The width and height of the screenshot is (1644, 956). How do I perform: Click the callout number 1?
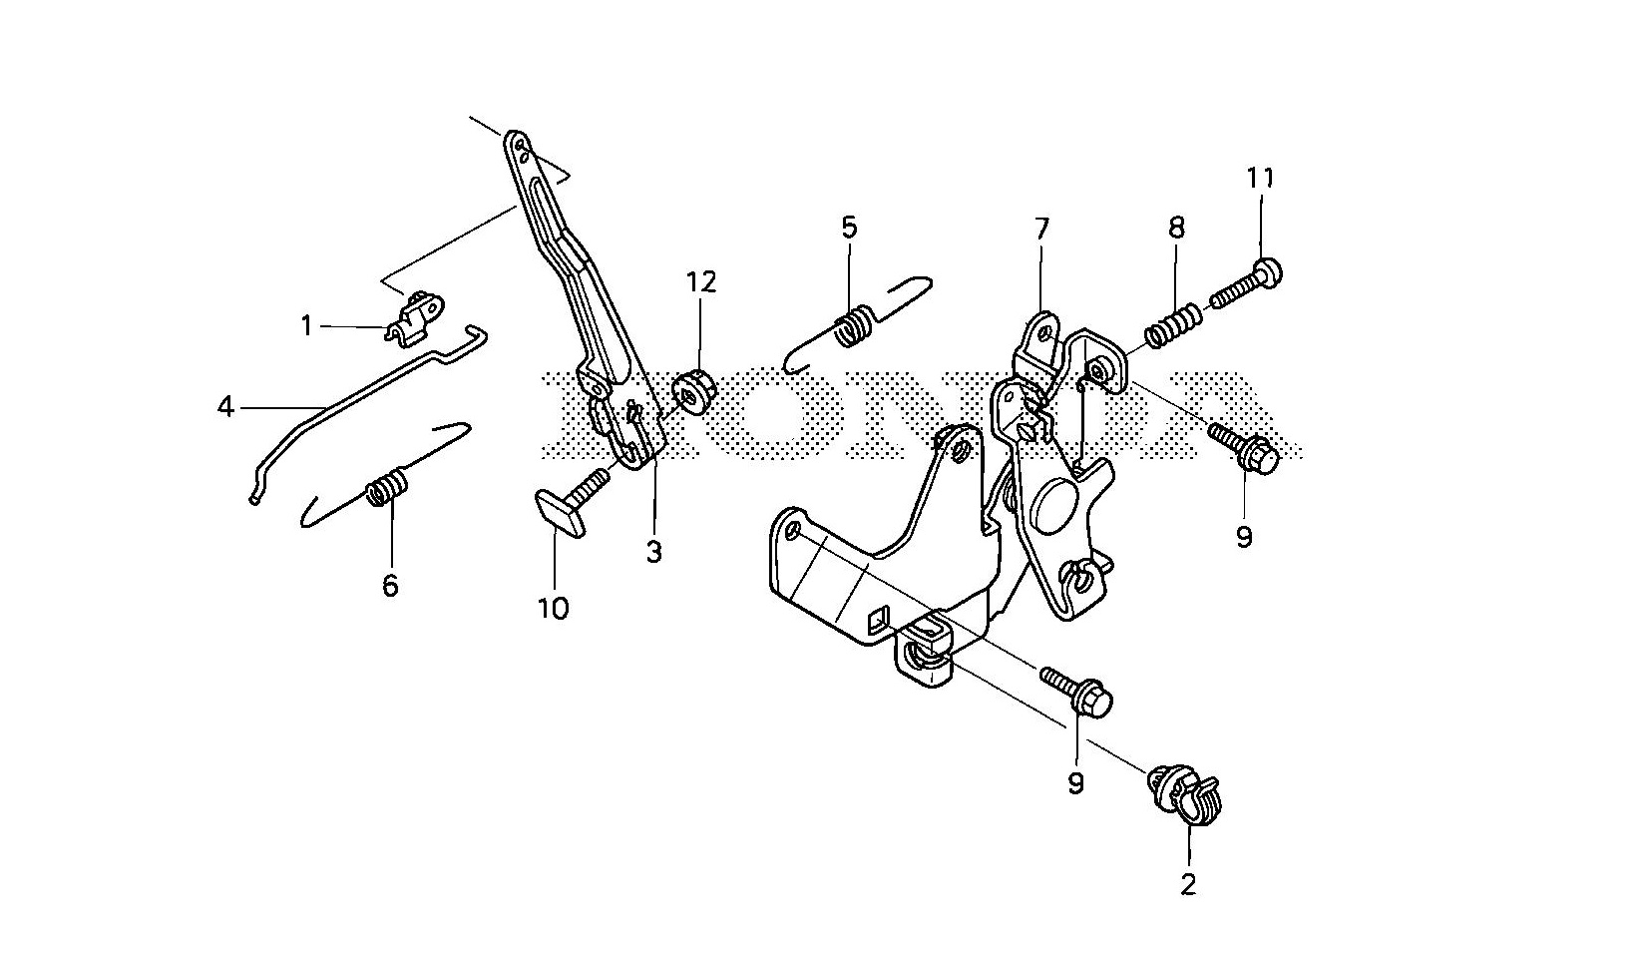coord(307,325)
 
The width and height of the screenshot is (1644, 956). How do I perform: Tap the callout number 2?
coord(1187,884)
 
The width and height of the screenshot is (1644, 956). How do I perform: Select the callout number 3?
coord(653,552)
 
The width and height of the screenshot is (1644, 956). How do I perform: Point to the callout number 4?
coord(226,407)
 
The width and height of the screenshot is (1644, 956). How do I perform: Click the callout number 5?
coord(848,228)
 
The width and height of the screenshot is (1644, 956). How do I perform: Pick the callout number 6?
coord(390,586)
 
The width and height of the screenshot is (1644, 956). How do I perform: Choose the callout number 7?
coord(1041,230)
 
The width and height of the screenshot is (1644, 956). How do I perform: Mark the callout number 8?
coord(1176,228)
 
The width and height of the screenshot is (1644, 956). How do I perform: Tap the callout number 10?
coord(554,608)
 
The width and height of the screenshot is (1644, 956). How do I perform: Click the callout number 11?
coord(1260,179)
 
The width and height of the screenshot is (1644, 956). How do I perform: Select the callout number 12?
coord(700,282)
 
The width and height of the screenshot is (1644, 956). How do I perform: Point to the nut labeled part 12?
coord(691,391)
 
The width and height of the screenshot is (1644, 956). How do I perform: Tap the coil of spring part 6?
coord(387,488)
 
